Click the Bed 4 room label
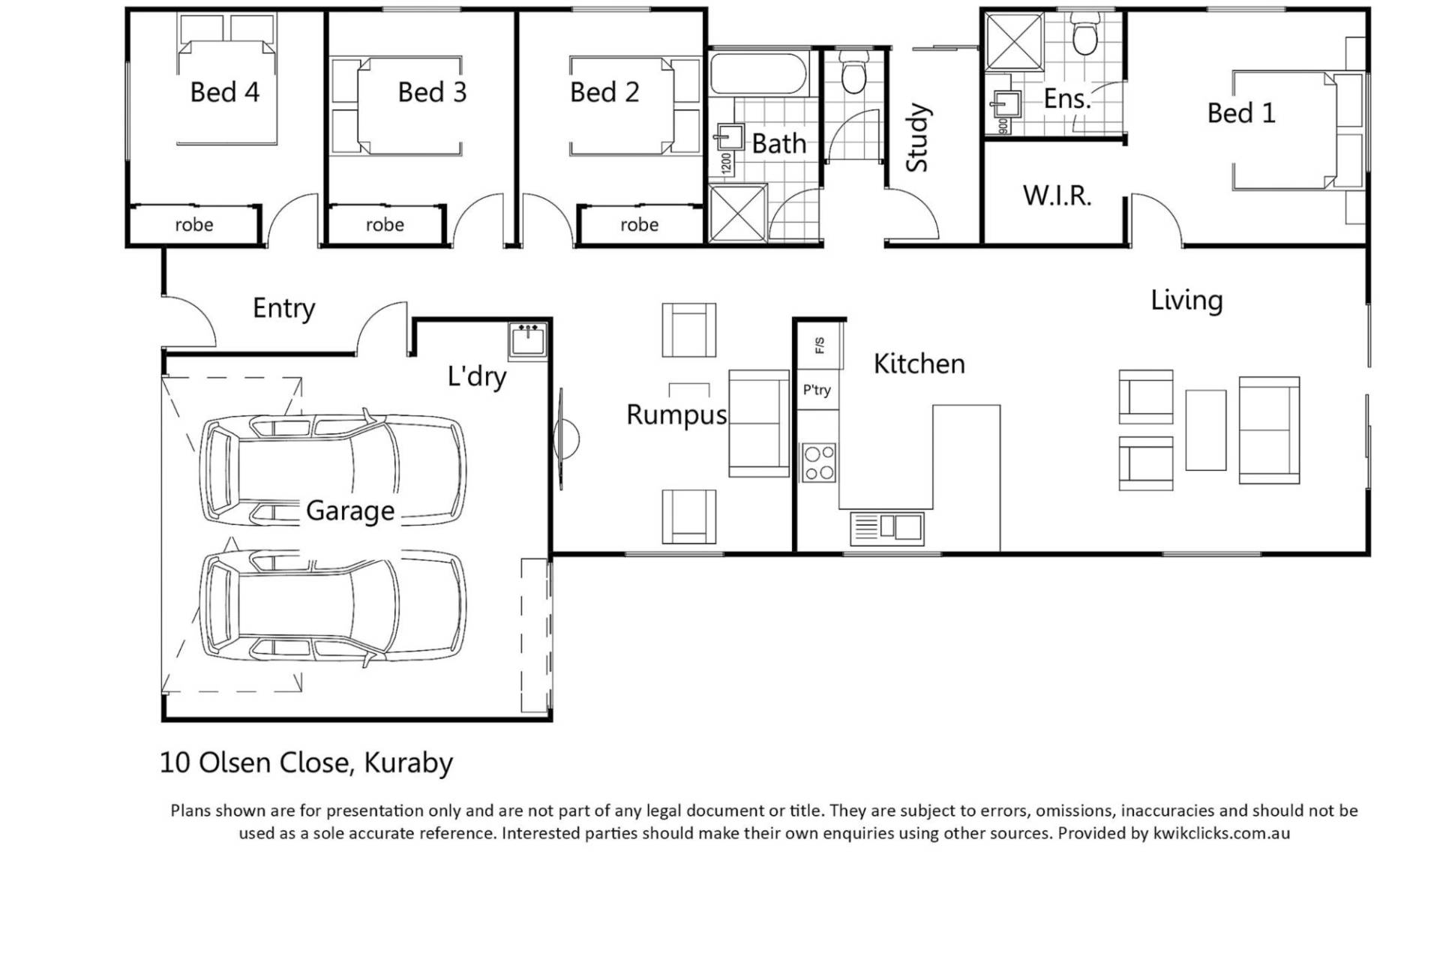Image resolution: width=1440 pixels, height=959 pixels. tap(224, 92)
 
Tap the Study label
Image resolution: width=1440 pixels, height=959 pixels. tap(917, 137)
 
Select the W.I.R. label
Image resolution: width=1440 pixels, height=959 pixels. tap(1057, 196)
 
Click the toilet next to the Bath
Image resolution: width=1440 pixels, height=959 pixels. tap(852, 71)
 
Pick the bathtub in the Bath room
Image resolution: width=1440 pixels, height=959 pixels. tap(759, 73)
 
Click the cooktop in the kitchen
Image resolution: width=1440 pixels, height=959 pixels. tap(818, 462)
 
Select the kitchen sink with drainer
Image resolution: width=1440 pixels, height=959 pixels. tap(886, 528)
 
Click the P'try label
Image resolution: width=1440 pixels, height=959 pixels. tap(817, 390)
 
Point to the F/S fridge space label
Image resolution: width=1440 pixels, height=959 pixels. tap(819, 345)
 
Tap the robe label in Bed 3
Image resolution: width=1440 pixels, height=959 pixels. tap(385, 224)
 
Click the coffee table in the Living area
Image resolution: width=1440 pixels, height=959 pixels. tap(1205, 430)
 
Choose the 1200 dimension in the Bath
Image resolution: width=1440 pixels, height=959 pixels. tap(725, 163)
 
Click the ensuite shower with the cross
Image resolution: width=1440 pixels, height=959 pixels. tap(1014, 42)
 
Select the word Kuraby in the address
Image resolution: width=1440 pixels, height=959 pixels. tap(409, 763)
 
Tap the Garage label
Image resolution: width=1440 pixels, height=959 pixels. tap(350, 511)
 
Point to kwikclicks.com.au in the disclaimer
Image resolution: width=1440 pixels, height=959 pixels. tap(1222, 833)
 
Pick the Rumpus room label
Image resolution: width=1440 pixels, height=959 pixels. tap(676, 415)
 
